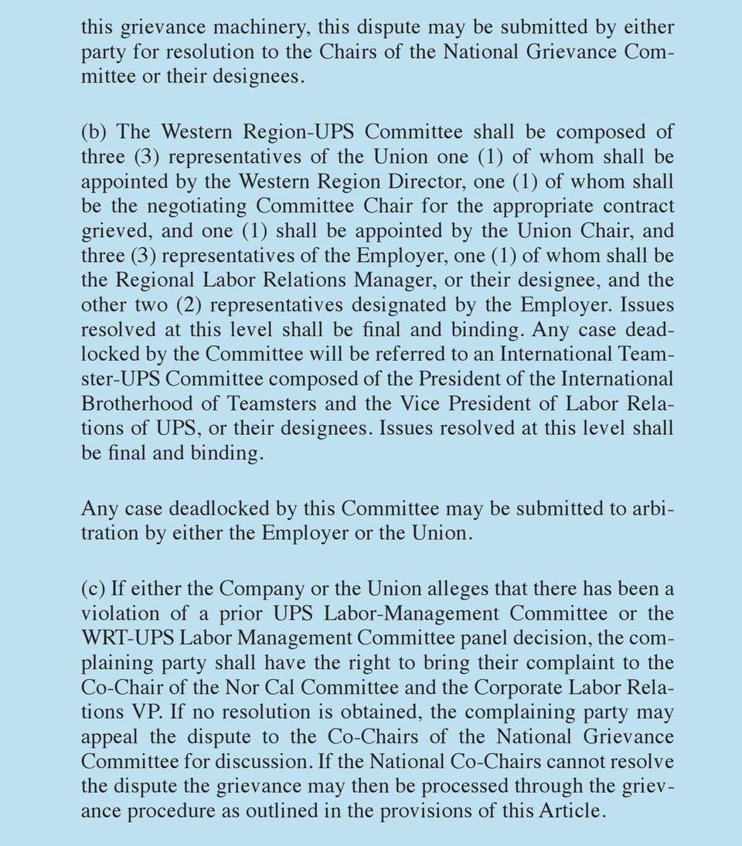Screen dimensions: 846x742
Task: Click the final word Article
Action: point(573,811)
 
